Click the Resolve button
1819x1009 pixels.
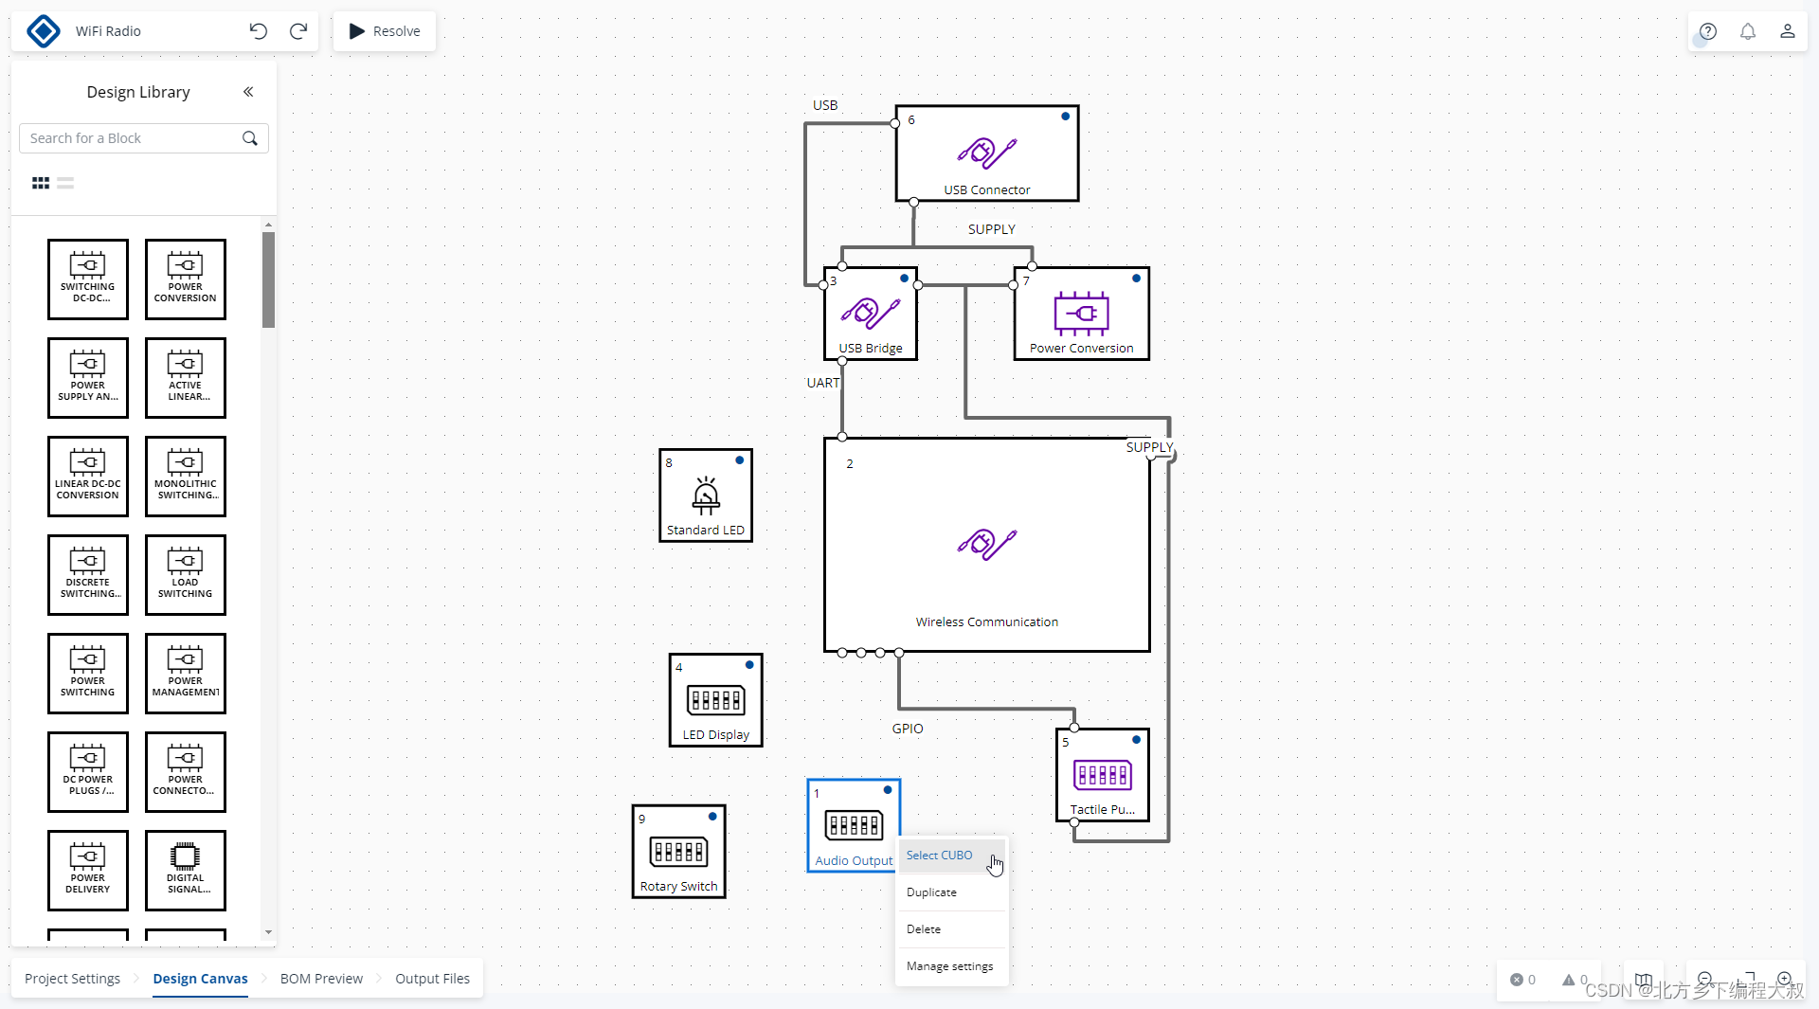385,31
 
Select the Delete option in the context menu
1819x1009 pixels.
924,929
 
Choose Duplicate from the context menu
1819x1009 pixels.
931,892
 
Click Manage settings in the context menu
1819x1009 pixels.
949,966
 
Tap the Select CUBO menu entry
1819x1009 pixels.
939,856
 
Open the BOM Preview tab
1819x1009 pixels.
321,979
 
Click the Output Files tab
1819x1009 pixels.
432,979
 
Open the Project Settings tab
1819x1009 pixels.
72,979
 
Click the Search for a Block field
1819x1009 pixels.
133,138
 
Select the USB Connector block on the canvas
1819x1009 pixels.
986,153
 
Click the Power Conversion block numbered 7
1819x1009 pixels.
1081,314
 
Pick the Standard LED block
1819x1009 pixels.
706,495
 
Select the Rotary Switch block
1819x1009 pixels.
678,852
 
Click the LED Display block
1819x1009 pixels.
715,700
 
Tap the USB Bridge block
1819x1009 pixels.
871,314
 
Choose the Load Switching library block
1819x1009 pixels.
186,575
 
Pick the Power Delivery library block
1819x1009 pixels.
88,871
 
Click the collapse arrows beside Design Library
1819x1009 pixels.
248,92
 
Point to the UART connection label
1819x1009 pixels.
822,383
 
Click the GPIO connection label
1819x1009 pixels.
907,729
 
